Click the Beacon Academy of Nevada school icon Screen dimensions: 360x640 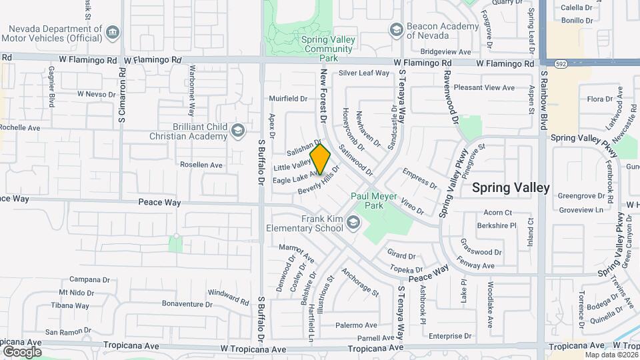(x=396, y=29)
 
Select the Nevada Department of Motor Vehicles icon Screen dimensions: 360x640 (x=113, y=32)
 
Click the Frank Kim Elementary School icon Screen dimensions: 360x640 (x=353, y=223)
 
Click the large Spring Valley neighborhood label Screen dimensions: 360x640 (x=511, y=188)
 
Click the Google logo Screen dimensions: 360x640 (x=22, y=351)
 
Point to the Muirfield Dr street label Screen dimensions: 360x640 (x=288, y=98)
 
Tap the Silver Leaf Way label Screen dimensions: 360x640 (x=363, y=73)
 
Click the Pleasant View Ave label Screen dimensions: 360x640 (x=484, y=87)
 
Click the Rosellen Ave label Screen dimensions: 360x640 (x=201, y=164)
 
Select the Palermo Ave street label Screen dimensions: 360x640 (x=356, y=325)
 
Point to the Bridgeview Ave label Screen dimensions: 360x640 (x=443, y=51)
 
